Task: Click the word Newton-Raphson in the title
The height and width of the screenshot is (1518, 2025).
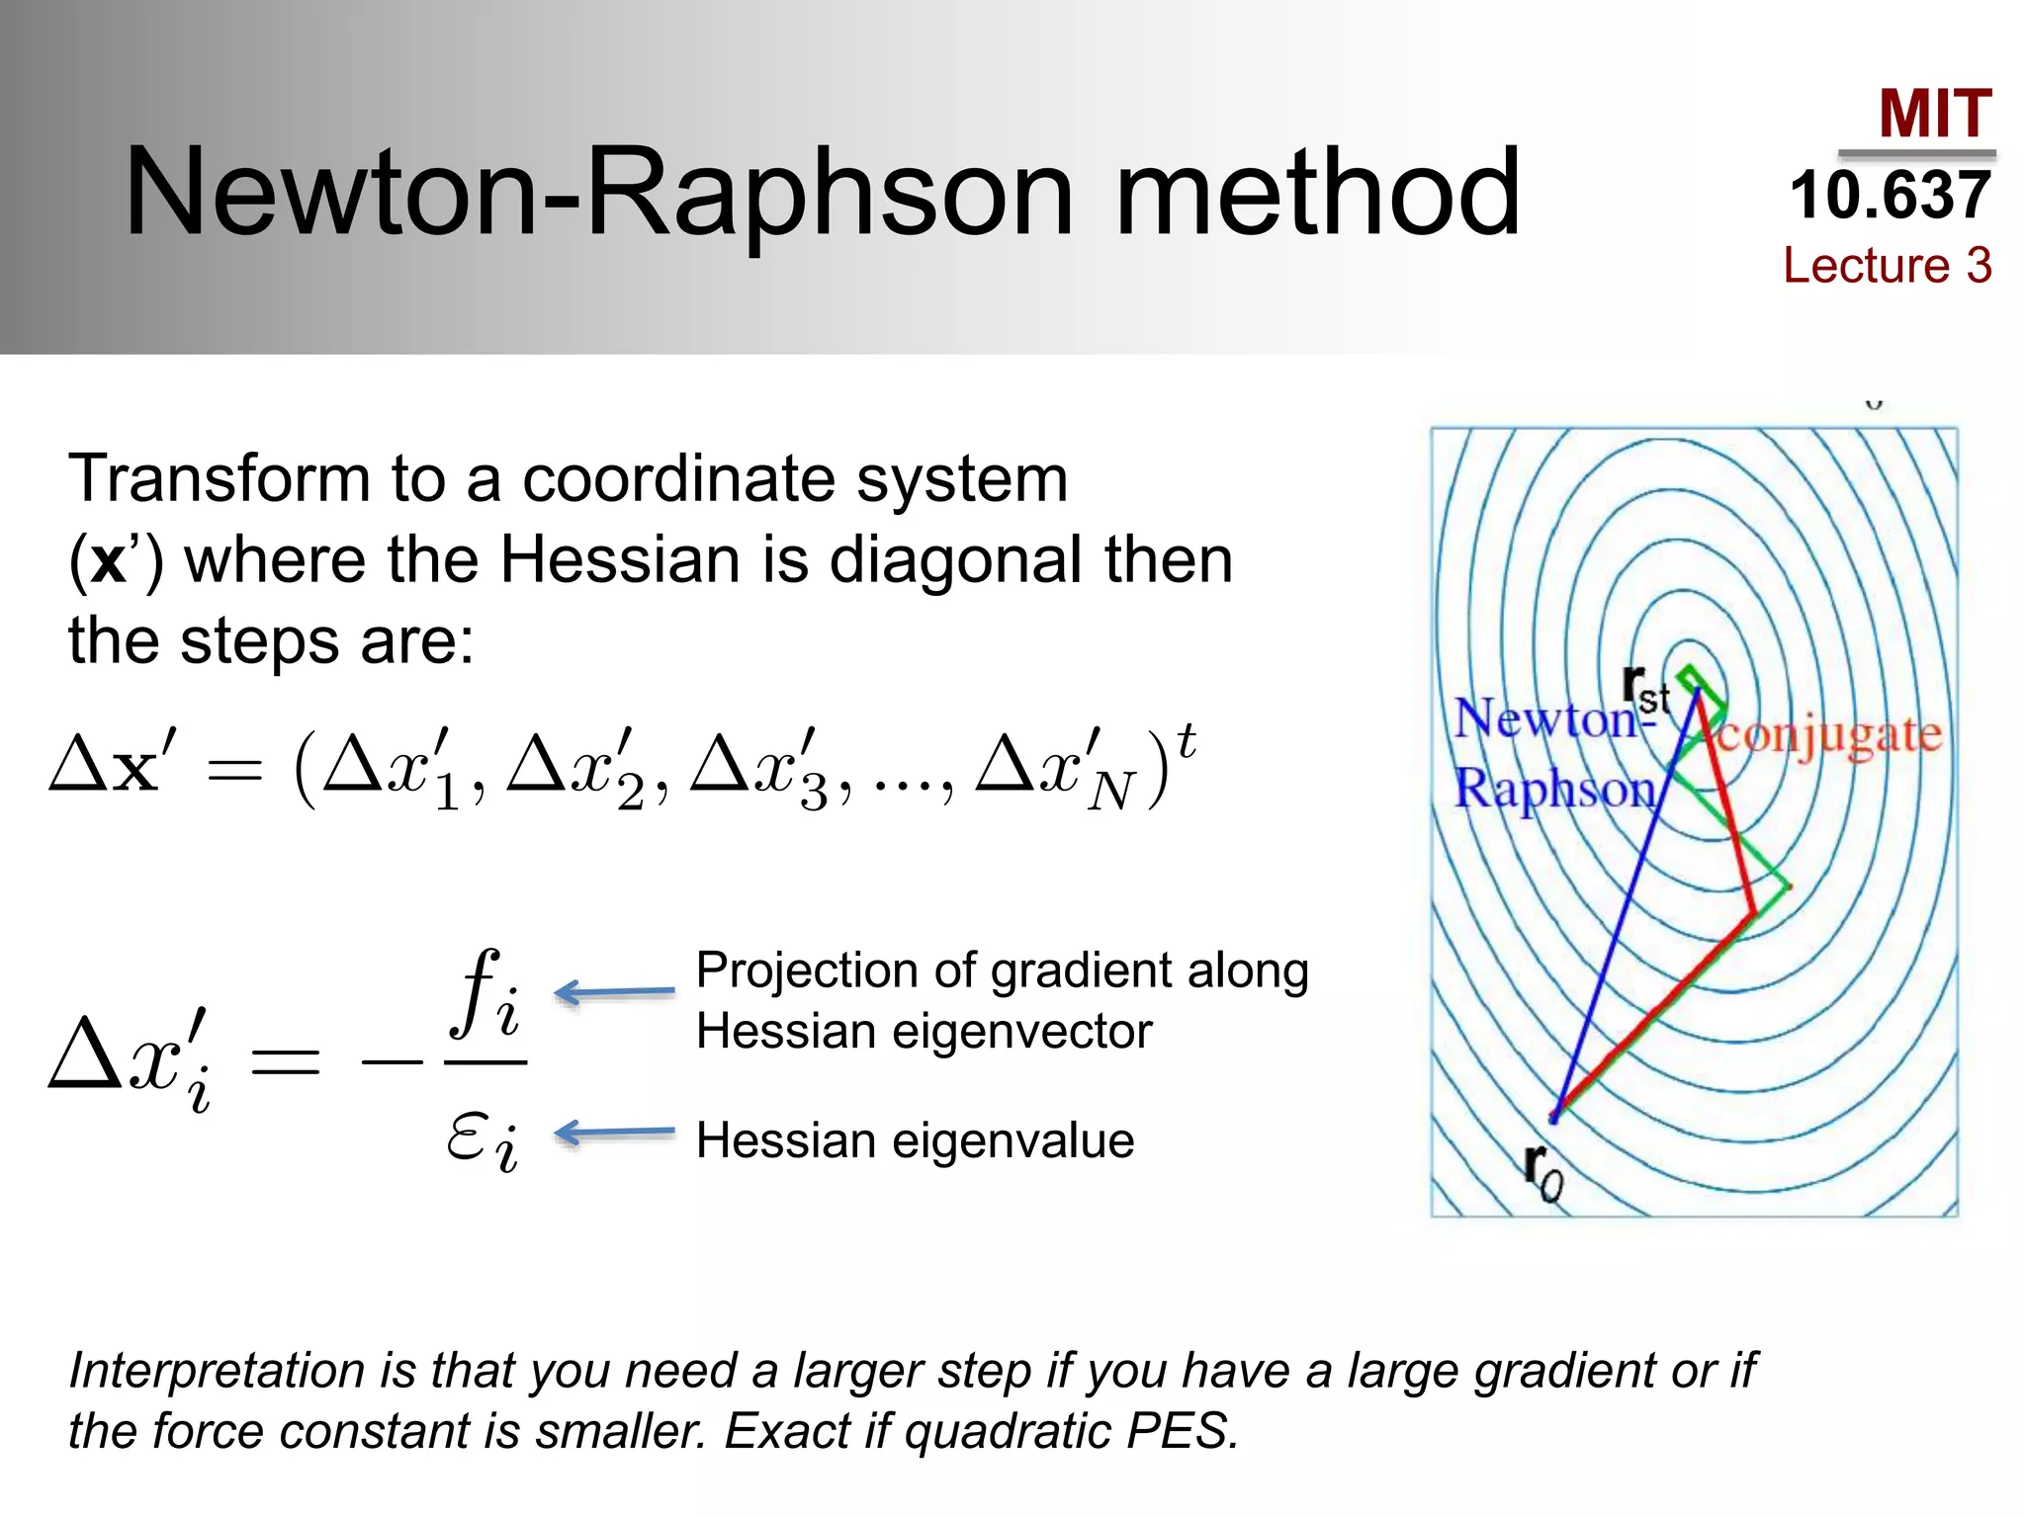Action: pyautogui.click(x=598, y=193)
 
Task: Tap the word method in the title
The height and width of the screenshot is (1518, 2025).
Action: pyautogui.click(x=1317, y=193)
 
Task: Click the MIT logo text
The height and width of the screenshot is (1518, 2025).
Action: pyautogui.click(x=1934, y=115)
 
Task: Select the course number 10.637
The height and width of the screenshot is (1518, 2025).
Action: pyautogui.click(x=1890, y=196)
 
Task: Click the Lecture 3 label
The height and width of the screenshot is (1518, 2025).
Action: pyautogui.click(x=1887, y=265)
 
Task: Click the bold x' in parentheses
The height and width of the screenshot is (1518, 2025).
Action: pyautogui.click(x=113, y=560)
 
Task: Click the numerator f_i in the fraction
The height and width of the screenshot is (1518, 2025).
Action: pyautogui.click(x=484, y=994)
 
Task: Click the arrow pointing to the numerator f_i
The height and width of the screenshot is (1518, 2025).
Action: pyautogui.click(x=613, y=991)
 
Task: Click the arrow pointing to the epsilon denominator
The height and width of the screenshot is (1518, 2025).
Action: pyautogui.click(x=613, y=1133)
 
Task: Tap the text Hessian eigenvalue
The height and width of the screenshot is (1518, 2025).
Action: pyautogui.click(x=915, y=1140)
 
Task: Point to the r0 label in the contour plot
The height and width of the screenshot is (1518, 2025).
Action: pyautogui.click(x=1543, y=1173)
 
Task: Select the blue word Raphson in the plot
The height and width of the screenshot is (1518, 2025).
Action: pyautogui.click(x=1554, y=790)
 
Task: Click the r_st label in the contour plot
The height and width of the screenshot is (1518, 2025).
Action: pyautogui.click(x=1644, y=689)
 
